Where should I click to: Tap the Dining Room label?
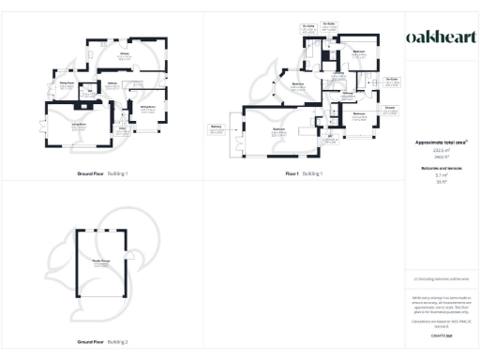[67, 84]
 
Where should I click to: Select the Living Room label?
[66, 126]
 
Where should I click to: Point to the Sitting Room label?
[147, 110]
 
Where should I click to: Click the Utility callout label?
[91, 92]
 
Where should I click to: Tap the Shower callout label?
[388, 108]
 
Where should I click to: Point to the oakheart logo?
[439, 37]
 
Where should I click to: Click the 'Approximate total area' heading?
[441, 142]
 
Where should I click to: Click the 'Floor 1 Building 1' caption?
[304, 174]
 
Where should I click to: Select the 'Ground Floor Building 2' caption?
[102, 342]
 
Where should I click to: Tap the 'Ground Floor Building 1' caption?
[102, 174]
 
